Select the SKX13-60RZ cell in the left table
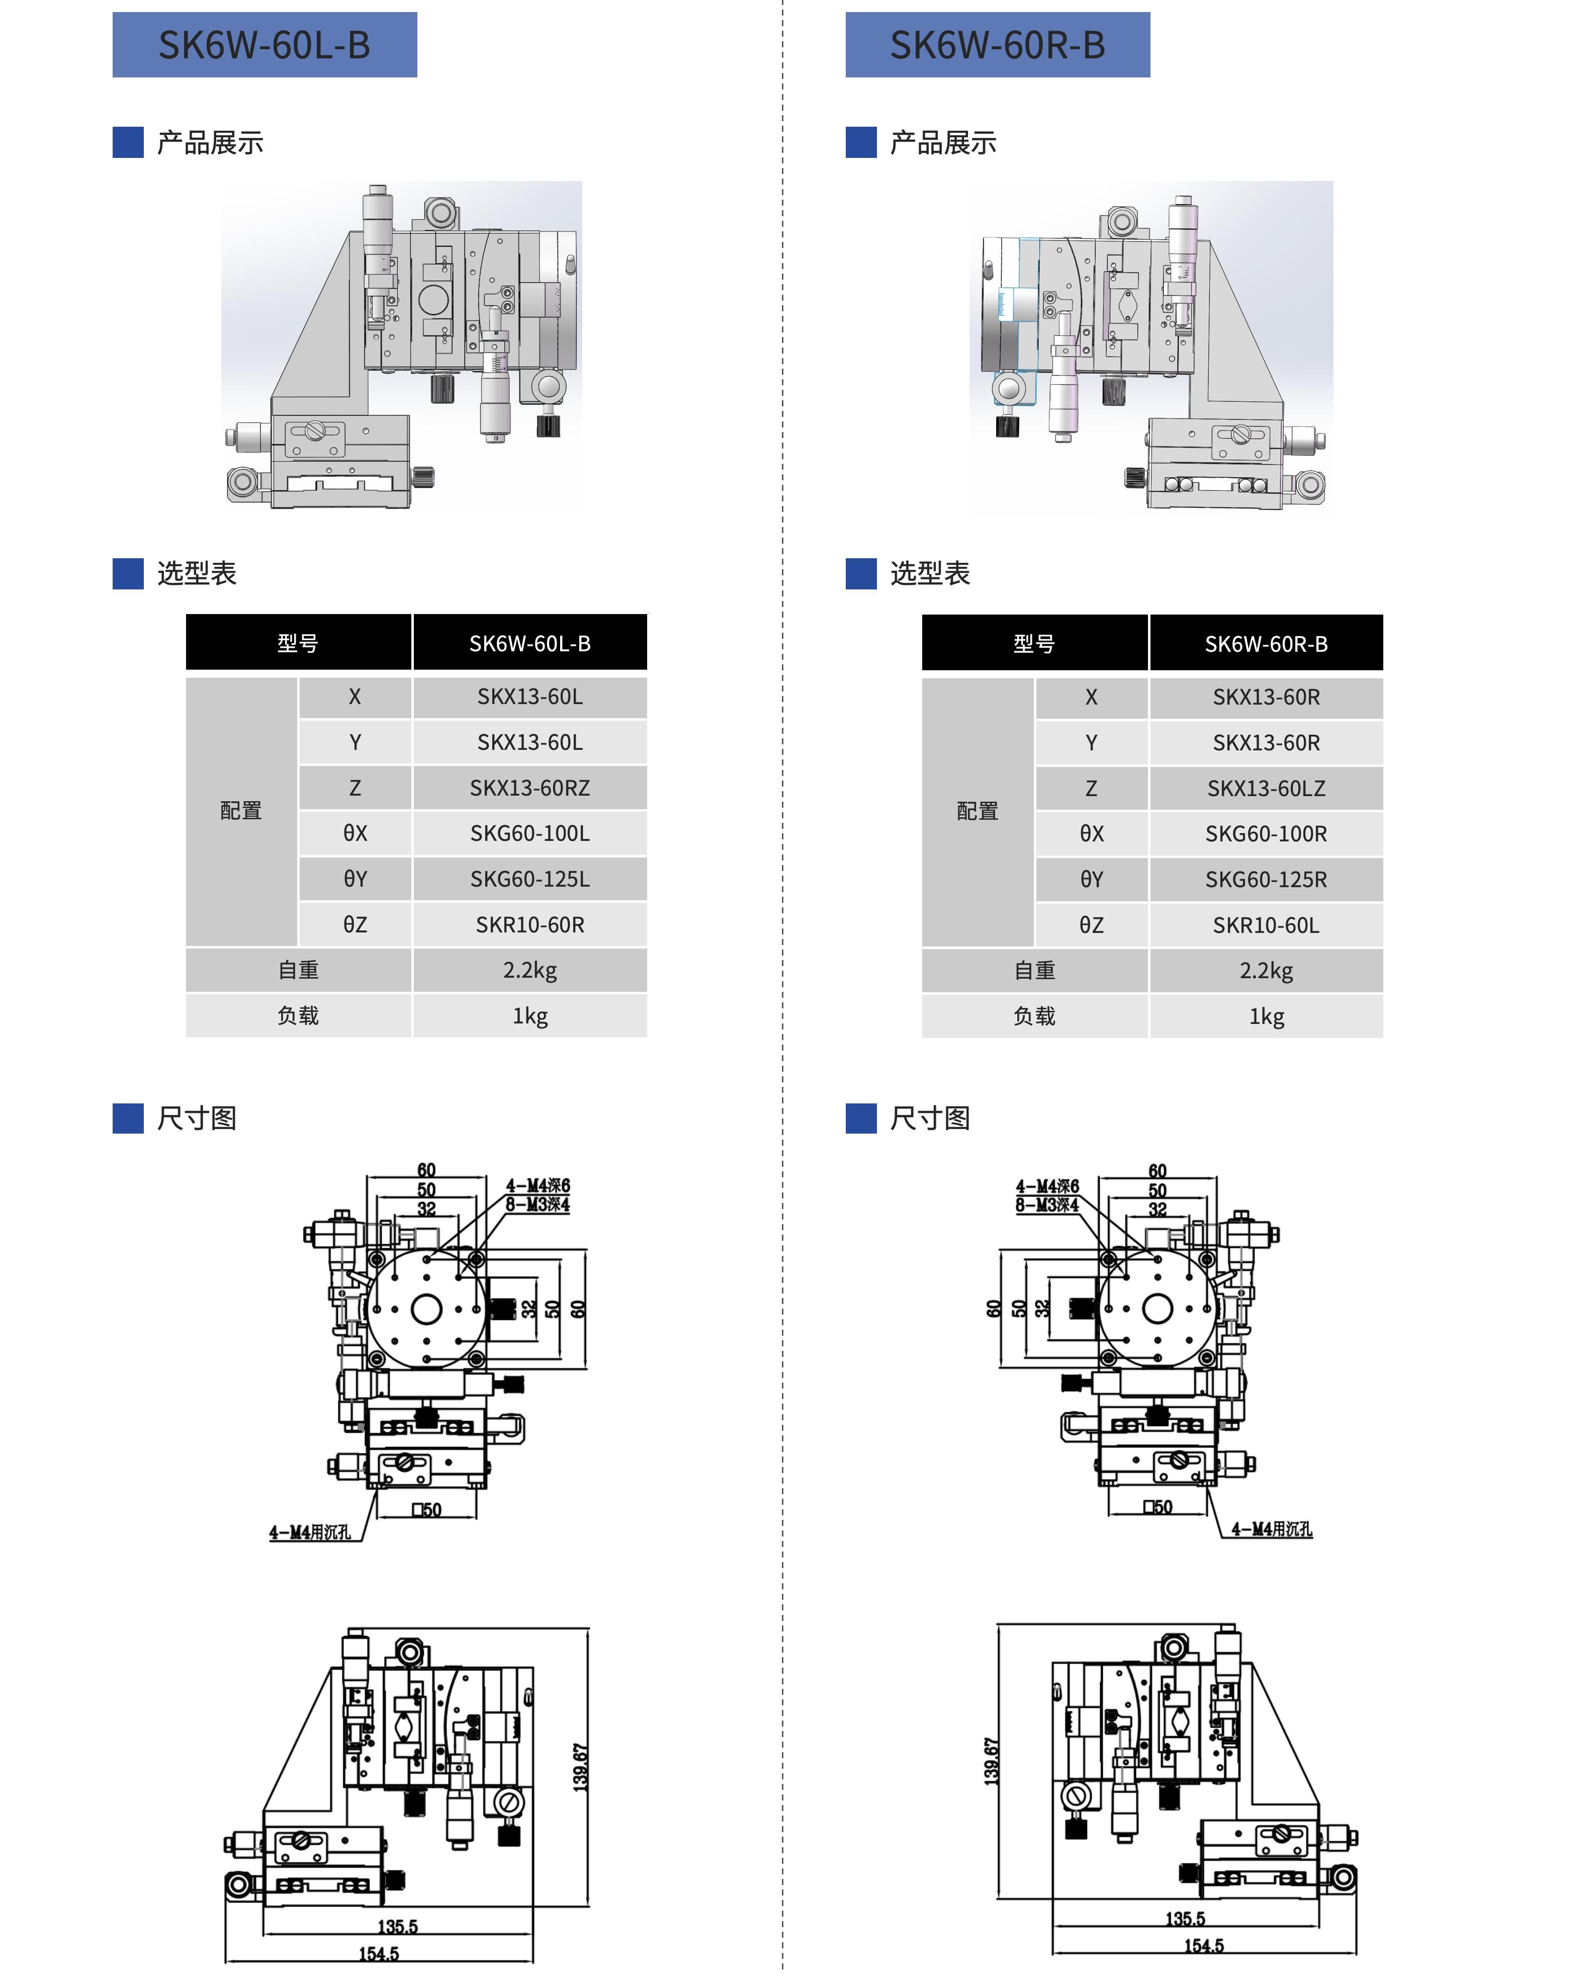coord(529,788)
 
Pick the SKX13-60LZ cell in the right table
coord(1266,788)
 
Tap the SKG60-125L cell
coord(529,879)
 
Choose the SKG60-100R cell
coord(1266,834)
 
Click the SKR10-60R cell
coord(529,925)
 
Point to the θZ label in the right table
coord(1091,925)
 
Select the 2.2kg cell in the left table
coord(529,970)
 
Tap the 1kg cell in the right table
coord(1266,1016)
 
